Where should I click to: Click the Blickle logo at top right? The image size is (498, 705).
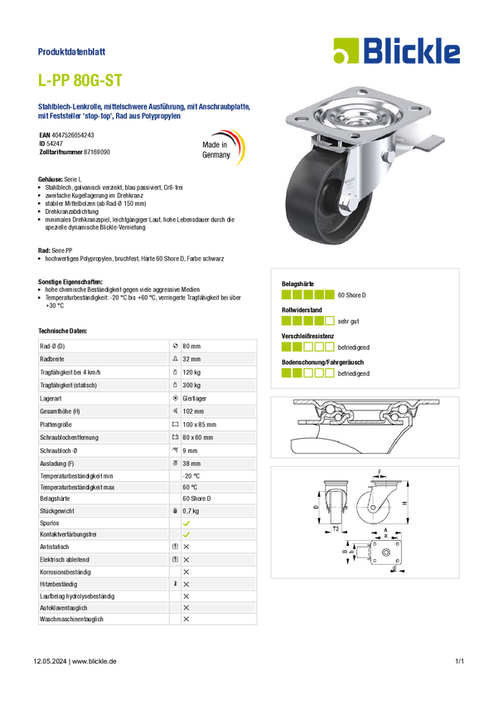[x=397, y=51]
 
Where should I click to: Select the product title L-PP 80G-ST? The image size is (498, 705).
[x=80, y=80]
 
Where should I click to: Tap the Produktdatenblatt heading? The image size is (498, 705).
[x=71, y=51]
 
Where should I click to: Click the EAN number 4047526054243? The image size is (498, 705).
[x=73, y=135]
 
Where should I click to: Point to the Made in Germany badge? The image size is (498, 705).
[x=223, y=147]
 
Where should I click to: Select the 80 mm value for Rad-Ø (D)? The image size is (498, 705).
[x=191, y=346]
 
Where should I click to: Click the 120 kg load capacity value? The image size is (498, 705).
[x=191, y=372]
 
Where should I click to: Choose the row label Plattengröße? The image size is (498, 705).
[x=56, y=425]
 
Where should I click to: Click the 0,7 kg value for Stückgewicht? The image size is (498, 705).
[x=191, y=511]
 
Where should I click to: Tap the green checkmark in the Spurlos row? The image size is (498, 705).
[x=186, y=523]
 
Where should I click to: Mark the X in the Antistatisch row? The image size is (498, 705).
[x=186, y=547]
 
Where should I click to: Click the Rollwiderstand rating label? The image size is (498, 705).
[x=302, y=310]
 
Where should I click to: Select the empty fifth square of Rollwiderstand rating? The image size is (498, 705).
[x=330, y=321]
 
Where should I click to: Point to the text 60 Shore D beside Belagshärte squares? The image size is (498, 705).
[x=351, y=295]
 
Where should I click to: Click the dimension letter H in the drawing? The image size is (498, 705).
[x=404, y=503]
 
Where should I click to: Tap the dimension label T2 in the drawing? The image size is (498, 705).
[x=336, y=529]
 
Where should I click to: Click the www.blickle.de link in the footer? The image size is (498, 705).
[x=94, y=661]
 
